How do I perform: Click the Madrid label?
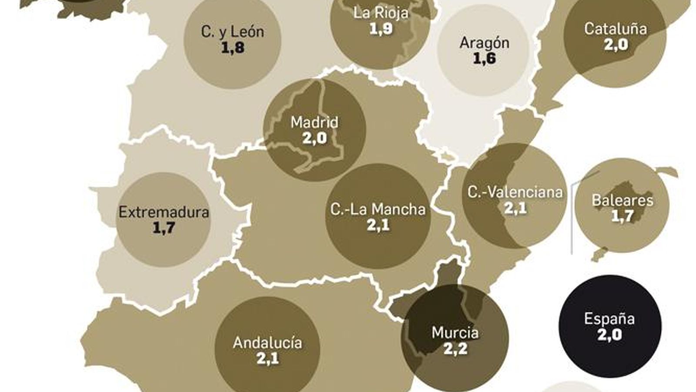click(314, 122)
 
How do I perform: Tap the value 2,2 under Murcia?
click(455, 349)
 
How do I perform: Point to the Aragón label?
click(484, 43)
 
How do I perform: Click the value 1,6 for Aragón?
click(484, 59)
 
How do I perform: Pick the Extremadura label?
click(164, 213)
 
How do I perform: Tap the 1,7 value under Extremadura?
click(164, 228)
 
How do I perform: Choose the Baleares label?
click(622, 200)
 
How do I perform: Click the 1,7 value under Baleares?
click(622, 216)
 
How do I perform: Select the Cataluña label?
click(615, 29)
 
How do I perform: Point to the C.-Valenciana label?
click(515, 192)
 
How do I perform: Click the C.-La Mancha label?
click(378, 210)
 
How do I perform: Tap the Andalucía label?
click(267, 343)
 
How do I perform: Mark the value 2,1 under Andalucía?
click(267, 358)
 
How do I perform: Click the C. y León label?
click(232, 32)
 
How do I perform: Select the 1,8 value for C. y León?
click(232, 48)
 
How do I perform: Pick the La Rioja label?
click(381, 13)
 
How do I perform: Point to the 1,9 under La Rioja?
click(381, 29)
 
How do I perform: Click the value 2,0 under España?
click(609, 335)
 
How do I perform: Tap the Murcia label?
click(455, 333)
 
